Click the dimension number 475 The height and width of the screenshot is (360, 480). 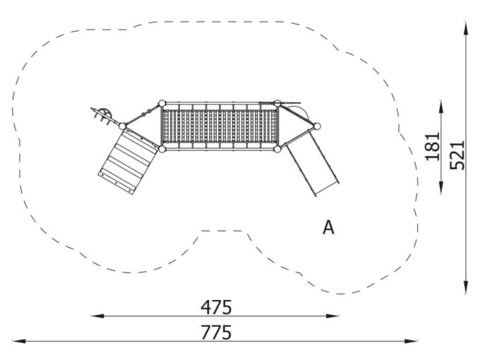click(x=216, y=308)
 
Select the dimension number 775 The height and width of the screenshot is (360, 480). click(x=216, y=332)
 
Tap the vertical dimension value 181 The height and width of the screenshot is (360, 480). click(x=433, y=146)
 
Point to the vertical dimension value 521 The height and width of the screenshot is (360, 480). click(x=457, y=154)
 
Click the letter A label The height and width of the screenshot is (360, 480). click(x=328, y=227)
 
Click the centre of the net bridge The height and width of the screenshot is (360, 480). click(x=220, y=126)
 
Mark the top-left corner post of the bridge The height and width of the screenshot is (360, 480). click(x=162, y=103)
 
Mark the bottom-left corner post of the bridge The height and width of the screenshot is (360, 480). click(x=162, y=149)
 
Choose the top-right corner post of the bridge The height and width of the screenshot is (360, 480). click(x=277, y=103)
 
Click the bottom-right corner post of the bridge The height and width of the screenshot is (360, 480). click(x=278, y=149)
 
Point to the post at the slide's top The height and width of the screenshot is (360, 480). click(x=317, y=127)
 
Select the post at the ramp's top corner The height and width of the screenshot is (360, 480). click(x=122, y=126)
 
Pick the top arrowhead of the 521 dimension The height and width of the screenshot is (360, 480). click(x=466, y=25)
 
